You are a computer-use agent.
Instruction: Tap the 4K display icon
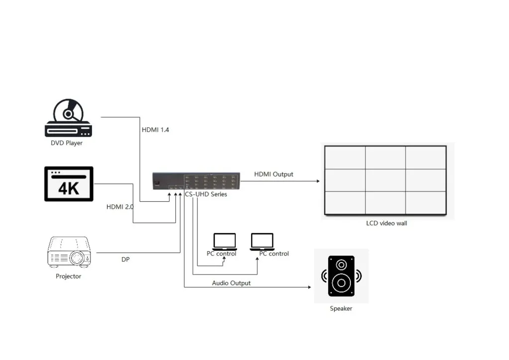(69, 183)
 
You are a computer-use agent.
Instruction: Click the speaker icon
(341, 276)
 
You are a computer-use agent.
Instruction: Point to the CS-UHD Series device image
(196, 180)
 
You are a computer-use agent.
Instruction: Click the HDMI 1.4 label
(156, 130)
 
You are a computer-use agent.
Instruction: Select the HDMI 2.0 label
(120, 207)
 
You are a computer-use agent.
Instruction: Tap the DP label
(125, 259)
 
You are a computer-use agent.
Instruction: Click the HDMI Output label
(273, 175)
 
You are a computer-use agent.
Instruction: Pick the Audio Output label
(231, 283)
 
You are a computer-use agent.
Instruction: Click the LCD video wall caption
(386, 223)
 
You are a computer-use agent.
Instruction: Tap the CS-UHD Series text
(206, 194)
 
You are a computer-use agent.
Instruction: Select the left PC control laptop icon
(224, 241)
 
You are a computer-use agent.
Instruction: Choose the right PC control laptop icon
(262, 241)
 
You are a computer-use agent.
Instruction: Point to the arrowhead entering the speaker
(309, 287)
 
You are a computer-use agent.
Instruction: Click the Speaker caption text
(341, 309)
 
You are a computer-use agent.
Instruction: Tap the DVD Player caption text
(67, 143)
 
